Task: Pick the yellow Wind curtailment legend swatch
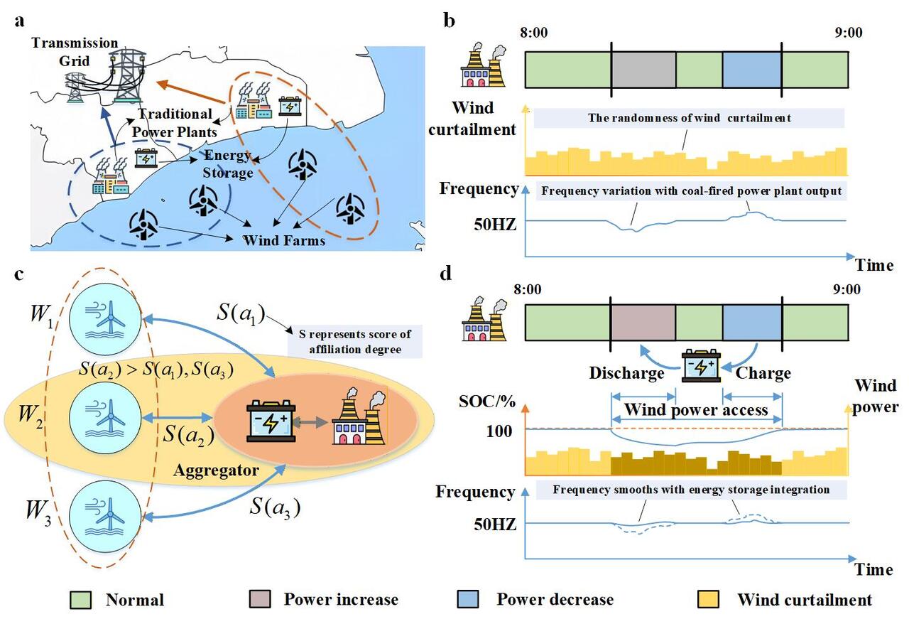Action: [x=712, y=600]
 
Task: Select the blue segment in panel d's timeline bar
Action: [x=751, y=325]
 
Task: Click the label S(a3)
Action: [x=276, y=507]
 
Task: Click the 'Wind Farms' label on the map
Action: [x=284, y=240]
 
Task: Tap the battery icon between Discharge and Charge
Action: [x=700, y=365]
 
